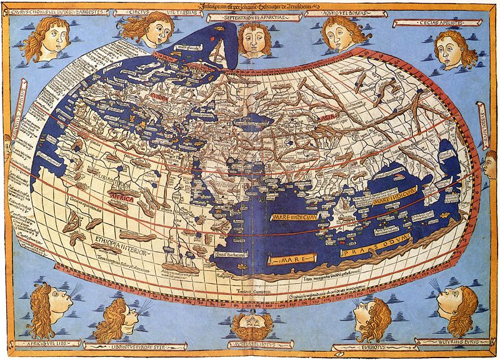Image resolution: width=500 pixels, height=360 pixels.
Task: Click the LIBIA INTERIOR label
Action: pos(113,185)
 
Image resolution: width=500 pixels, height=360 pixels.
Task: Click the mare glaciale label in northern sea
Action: pos(188,47)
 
